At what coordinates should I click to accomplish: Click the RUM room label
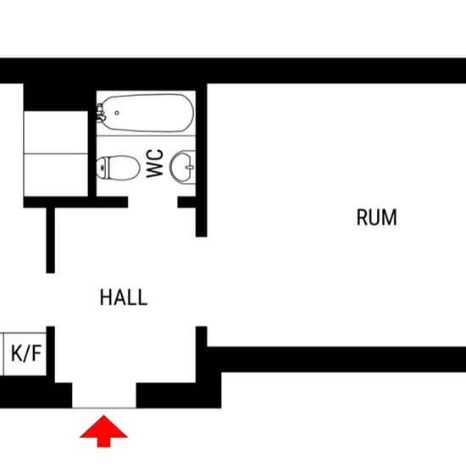[x=376, y=217]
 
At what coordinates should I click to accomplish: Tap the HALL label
[x=124, y=297]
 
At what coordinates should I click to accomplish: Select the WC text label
[x=155, y=164]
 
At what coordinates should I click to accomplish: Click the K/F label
[x=26, y=353]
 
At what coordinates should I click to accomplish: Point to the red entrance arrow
[x=103, y=431]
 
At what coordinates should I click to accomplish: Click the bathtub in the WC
[x=146, y=113]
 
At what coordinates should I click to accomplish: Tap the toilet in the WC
[x=118, y=168]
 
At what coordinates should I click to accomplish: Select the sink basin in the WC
[x=182, y=167]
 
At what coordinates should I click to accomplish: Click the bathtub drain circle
[x=117, y=113]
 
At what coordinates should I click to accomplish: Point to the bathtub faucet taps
[x=101, y=113]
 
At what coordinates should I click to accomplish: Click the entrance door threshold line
[x=104, y=408]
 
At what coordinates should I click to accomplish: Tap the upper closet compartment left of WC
[x=56, y=132]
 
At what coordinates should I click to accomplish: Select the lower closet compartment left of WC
[x=56, y=175]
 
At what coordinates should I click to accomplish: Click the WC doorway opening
[x=153, y=202]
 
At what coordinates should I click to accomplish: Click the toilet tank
[x=103, y=168]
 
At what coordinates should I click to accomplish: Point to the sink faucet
[x=190, y=167]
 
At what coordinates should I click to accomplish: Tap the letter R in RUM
[x=362, y=217]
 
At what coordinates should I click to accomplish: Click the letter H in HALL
[x=105, y=297]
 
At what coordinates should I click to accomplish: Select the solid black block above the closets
[x=56, y=97]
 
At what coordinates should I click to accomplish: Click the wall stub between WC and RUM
[x=201, y=160]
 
